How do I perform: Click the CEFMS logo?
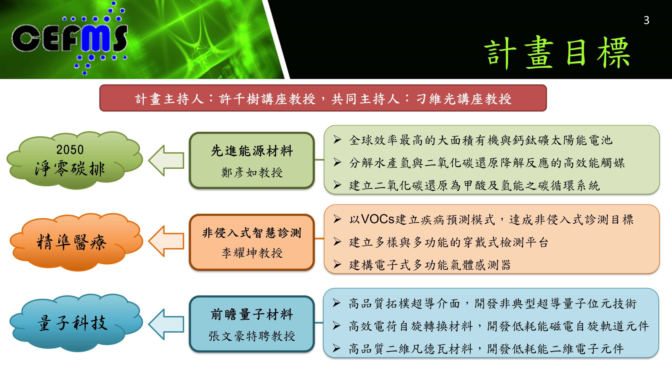[x=70, y=38]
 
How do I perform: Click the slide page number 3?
[x=646, y=20]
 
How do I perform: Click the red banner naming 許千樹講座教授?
[x=323, y=98]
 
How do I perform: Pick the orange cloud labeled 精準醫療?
[x=75, y=241]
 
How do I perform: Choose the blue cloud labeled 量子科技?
[x=75, y=323]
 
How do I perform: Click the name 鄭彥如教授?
[x=252, y=172]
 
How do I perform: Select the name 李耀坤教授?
[x=252, y=253]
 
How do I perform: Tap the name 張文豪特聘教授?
[x=252, y=336]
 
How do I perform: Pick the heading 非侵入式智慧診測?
[x=252, y=233]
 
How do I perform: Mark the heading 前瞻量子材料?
[x=252, y=314]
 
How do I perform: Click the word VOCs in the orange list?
[x=378, y=219]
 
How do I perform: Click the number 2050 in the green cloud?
[x=70, y=150]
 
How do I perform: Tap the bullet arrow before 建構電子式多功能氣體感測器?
[x=337, y=264]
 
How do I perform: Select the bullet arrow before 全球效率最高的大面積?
[x=337, y=140]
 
